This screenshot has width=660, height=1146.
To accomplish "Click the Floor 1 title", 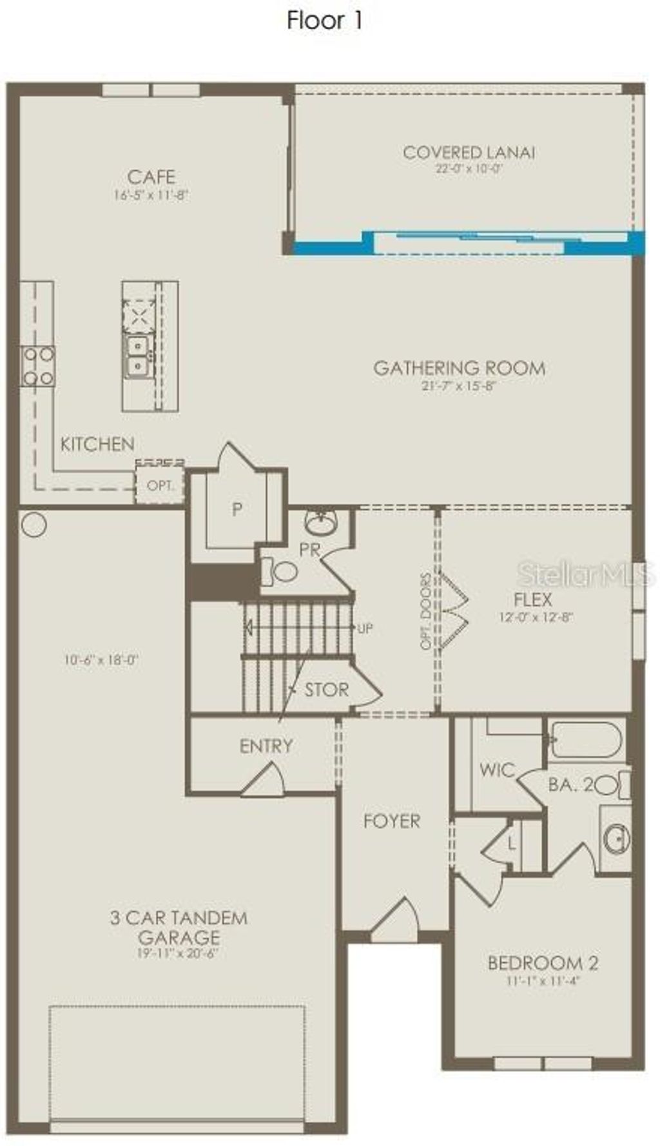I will [325, 21].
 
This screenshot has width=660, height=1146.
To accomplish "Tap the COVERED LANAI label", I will [469, 153].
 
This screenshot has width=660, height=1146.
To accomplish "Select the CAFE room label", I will [151, 177].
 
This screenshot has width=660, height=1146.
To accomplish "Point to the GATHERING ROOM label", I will [460, 368].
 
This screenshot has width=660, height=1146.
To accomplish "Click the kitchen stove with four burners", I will [38, 366].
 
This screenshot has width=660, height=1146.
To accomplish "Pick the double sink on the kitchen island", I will [137, 356].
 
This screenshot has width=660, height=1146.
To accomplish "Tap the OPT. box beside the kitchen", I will [160, 485].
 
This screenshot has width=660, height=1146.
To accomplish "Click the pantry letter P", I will [237, 510].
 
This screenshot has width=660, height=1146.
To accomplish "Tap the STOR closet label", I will [326, 690].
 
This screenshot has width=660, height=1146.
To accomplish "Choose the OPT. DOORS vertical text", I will [426, 611].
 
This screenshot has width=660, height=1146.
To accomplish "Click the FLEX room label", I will [533, 599].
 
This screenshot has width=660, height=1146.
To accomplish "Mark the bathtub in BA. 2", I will [587, 739].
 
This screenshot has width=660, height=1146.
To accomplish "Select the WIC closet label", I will [497, 770].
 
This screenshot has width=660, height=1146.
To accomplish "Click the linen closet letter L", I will [512, 843].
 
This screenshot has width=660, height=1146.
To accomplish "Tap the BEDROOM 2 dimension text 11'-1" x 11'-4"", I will [543, 982].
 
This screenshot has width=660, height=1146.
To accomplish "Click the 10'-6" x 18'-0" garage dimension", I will [102, 660].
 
